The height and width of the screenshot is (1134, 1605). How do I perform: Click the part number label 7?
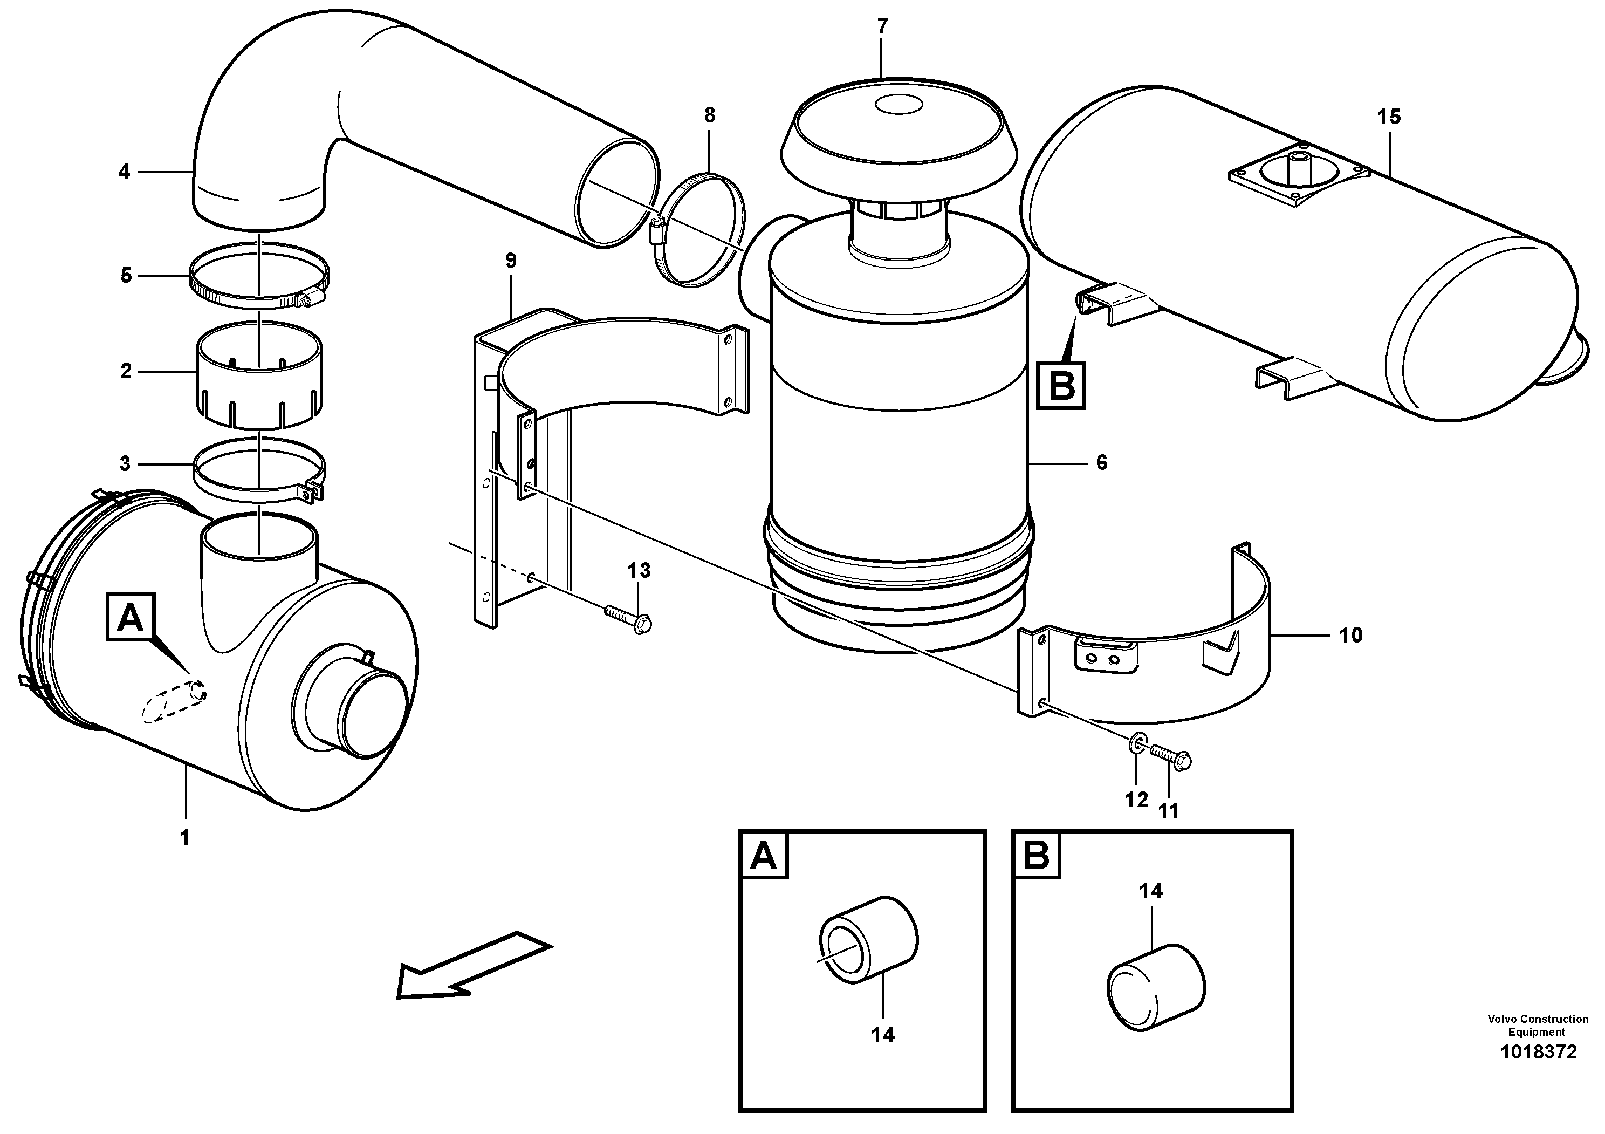click(882, 26)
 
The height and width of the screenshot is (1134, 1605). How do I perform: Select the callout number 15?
click(1389, 117)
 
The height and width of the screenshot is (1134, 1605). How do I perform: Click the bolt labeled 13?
click(627, 619)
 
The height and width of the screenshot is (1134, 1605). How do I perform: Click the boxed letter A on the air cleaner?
click(130, 617)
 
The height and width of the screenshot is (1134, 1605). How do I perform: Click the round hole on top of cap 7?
click(898, 106)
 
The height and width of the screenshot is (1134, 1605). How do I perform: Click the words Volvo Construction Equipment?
click(1536, 1026)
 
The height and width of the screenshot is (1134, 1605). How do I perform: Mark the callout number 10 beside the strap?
click(1350, 635)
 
